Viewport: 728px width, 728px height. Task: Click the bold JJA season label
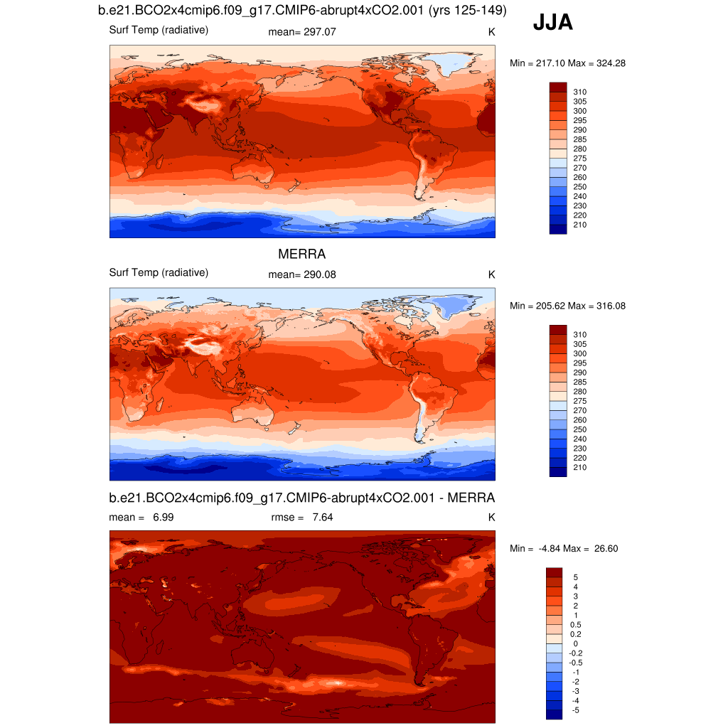click(552, 23)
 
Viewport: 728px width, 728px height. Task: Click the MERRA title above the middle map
click(301, 254)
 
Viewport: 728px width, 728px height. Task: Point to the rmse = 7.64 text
click(302, 517)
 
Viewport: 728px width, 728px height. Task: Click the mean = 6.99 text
click(141, 517)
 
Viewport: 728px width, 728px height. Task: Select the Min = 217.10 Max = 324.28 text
click(567, 63)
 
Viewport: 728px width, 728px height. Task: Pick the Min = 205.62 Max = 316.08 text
click(567, 306)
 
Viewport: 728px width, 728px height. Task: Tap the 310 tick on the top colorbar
click(579, 92)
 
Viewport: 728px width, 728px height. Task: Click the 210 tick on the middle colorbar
click(579, 467)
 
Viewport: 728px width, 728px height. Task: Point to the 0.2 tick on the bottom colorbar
click(576, 633)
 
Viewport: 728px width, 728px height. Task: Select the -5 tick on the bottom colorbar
click(575, 710)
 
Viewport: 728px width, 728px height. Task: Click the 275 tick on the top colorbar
click(579, 158)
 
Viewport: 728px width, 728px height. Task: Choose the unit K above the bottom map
click(491, 517)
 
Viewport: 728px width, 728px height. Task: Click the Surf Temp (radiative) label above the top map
click(159, 30)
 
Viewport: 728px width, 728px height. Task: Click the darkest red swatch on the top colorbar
click(558, 87)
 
